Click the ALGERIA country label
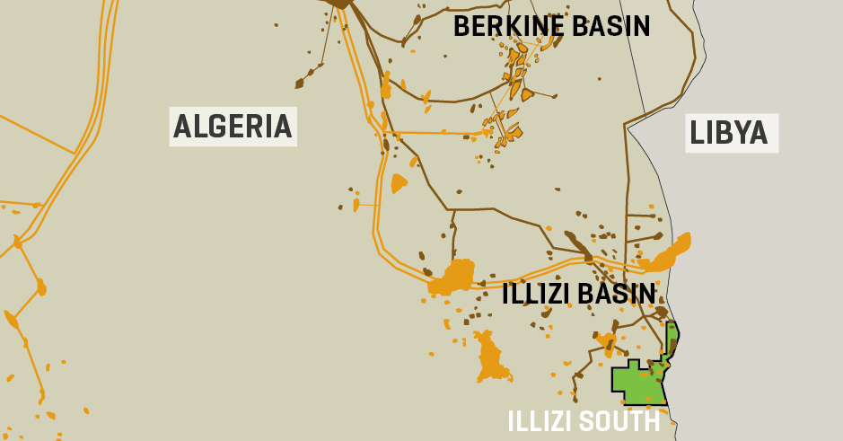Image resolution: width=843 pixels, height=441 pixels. [x=233, y=127]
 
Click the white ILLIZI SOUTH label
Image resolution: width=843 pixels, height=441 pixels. [x=584, y=421]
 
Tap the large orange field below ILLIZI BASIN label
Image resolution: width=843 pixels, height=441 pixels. [x=490, y=357]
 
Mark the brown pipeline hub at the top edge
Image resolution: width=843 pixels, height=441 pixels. [x=341, y=4]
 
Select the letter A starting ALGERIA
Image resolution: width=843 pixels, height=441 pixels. [x=182, y=127]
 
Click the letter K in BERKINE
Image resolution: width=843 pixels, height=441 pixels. [x=509, y=26]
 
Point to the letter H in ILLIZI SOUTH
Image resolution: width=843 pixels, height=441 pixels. [x=652, y=421]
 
